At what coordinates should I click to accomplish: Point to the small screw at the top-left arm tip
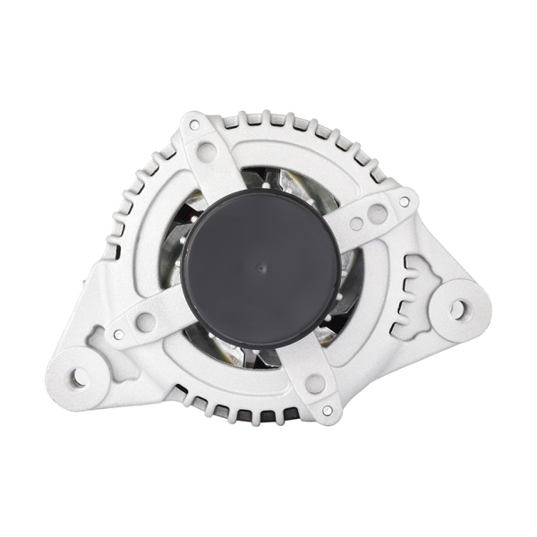point(191,124)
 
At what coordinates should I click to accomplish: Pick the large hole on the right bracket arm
point(378,214)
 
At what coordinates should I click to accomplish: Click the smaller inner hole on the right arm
point(355,224)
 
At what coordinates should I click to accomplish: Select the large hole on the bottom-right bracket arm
point(314,384)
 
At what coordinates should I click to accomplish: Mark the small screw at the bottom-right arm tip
point(328,410)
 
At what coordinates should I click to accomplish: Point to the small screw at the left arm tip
point(117,335)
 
